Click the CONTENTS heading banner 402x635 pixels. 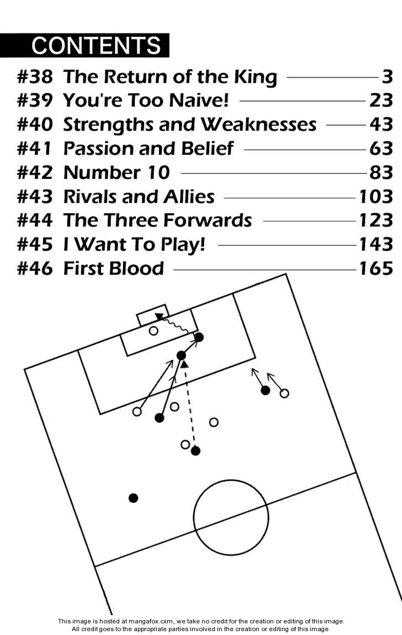pos(84,45)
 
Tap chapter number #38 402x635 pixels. pos(35,77)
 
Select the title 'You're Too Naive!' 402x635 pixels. pos(145,101)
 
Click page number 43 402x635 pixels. pos(381,125)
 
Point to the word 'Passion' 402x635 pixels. pos(97,149)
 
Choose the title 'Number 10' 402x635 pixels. pos(117,173)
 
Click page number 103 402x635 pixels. pos(375,197)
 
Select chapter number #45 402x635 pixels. pos(35,244)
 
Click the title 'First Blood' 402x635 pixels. pos(114,268)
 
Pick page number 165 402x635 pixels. pos(375,268)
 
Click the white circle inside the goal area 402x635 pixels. pos(154,331)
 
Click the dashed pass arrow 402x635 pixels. pos(189,406)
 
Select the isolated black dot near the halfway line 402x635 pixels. pos(133,498)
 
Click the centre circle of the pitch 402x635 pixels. pos(231,517)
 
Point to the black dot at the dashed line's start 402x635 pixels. pos(195,451)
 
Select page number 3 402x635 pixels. pos(387,77)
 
